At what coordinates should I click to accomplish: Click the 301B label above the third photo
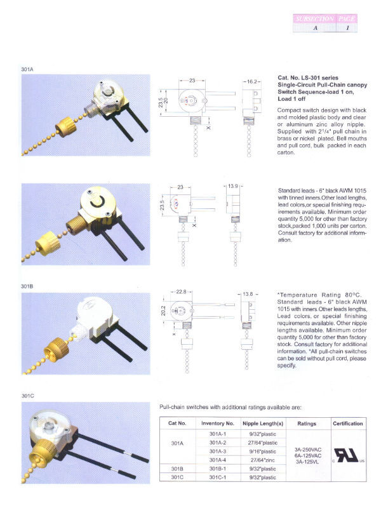tap(27, 286)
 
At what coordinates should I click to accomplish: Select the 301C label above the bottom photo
tap(27, 396)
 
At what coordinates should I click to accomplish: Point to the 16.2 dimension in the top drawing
tap(251, 82)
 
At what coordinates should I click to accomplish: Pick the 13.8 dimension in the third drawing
tap(248, 295)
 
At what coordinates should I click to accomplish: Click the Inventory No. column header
tap(217, 423)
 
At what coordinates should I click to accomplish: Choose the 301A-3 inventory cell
tap(217, 451)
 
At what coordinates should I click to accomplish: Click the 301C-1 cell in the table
tap(217, 477)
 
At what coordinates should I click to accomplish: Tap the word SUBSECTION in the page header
tap(313, 20)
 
